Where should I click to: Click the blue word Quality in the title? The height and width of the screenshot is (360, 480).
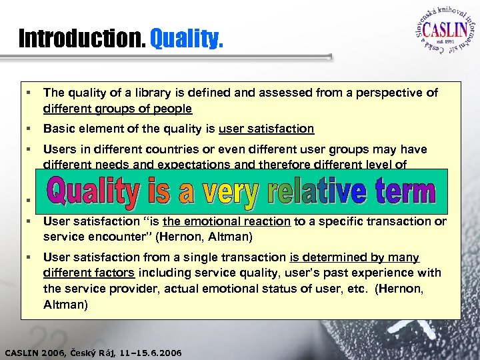point(186,38)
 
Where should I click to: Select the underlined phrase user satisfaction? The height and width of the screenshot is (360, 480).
point(266,129)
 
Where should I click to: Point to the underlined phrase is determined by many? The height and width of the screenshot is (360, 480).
point(355,257)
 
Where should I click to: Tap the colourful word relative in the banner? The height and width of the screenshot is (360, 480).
point(316,191)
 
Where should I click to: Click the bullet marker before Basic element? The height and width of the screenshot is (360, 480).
point(30,129)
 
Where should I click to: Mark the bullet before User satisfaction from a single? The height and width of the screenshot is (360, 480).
point(30,257)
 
